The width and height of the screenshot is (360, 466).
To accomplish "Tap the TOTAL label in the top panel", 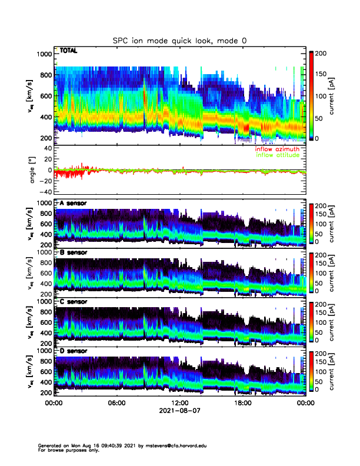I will pyautogui.click(x=68, y=52).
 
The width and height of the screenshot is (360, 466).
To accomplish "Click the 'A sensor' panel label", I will pyautogui.click(x=73, y=204).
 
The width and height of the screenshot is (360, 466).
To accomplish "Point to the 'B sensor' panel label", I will pyautogui.click(x=73, y=252).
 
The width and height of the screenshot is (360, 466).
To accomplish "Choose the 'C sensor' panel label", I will pyautogui.click(x=73, y=302).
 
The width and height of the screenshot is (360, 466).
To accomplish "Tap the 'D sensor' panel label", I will pyautogui.click(x=73, y=351).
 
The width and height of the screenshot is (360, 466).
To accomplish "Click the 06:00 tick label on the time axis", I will pyautogui.click(x=116, y=404).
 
